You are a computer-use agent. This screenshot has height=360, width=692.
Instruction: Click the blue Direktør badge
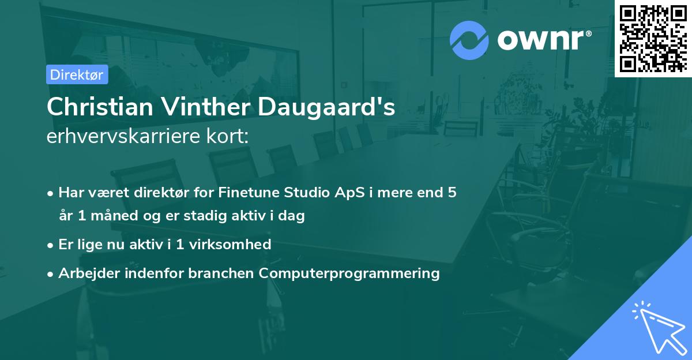[77, 74]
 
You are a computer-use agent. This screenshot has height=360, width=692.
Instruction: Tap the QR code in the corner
[653, 39]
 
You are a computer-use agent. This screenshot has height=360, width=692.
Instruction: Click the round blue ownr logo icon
[469, 40]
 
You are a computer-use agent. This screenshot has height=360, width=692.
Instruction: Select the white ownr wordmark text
[544, 40]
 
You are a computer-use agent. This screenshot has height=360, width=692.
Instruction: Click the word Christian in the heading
[100, 107]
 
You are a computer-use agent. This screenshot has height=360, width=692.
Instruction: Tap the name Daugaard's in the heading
[326, 107]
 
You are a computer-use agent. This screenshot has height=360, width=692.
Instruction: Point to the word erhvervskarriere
[123, 136]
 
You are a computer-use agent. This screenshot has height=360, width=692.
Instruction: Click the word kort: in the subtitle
[227, 136]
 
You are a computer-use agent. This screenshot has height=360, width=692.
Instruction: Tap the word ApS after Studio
[349, 192]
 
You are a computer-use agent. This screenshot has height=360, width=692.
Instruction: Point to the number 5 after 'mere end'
[452, 192]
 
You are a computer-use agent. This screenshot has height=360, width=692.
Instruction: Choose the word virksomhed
[230, 245]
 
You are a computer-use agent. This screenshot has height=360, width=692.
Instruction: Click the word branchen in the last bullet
[221, 273]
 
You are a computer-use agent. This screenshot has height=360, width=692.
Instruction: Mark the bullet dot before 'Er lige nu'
[50, 246]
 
